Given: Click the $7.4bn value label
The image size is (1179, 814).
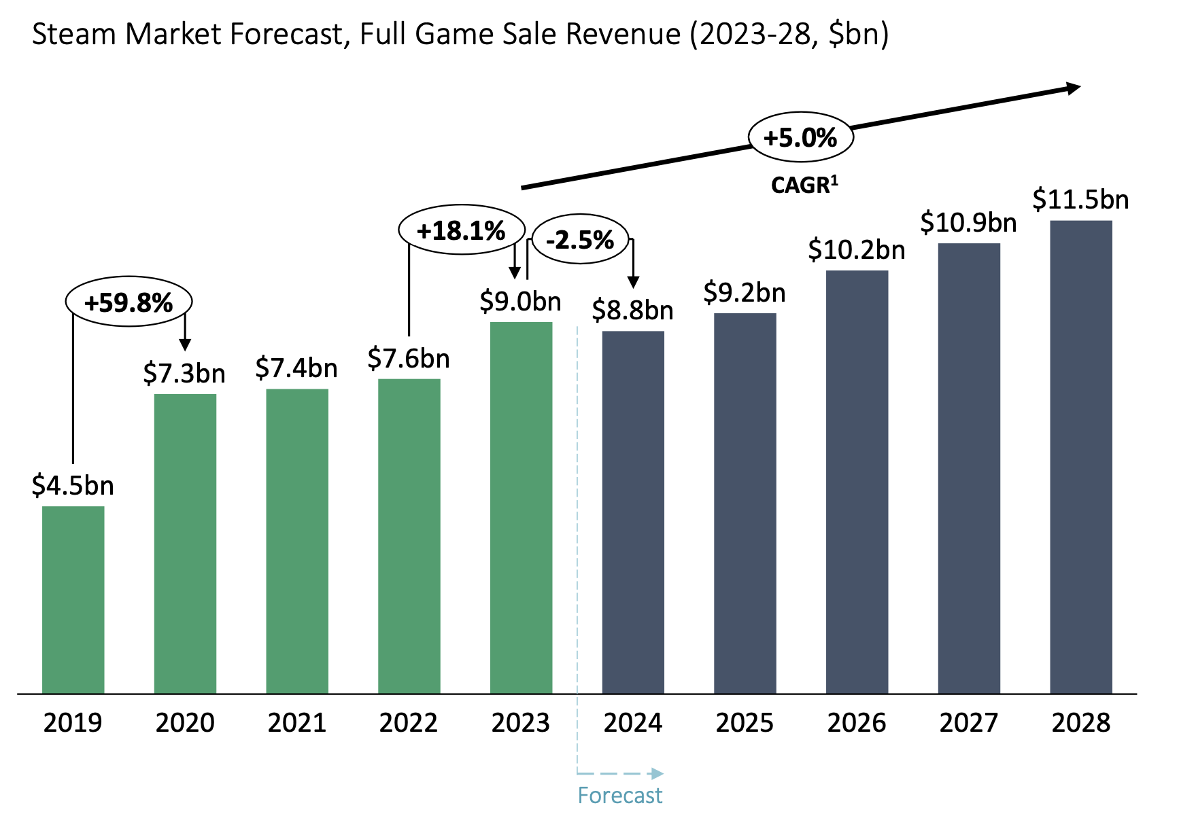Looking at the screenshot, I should pos(296,368).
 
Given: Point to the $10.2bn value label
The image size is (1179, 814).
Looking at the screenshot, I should pos(856,250).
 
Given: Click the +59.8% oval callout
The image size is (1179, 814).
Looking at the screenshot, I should pos(129,302).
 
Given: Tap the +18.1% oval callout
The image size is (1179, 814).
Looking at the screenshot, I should pos(461,230).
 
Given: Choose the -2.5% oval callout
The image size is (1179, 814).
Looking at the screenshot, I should pos(579,239).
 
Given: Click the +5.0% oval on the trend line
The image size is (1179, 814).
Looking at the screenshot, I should pos(800,137).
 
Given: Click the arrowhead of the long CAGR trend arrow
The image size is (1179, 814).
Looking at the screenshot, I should pos(1073,88).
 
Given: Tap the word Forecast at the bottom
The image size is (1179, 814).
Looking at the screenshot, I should pos(619,795).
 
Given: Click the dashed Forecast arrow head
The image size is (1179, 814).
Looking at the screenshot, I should pos(656,773).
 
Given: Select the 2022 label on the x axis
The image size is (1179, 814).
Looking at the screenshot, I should pos(408,722).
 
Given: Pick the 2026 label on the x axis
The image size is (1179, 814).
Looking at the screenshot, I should pos(856,722).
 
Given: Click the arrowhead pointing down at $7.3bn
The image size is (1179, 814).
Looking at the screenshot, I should pos(184,344).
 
